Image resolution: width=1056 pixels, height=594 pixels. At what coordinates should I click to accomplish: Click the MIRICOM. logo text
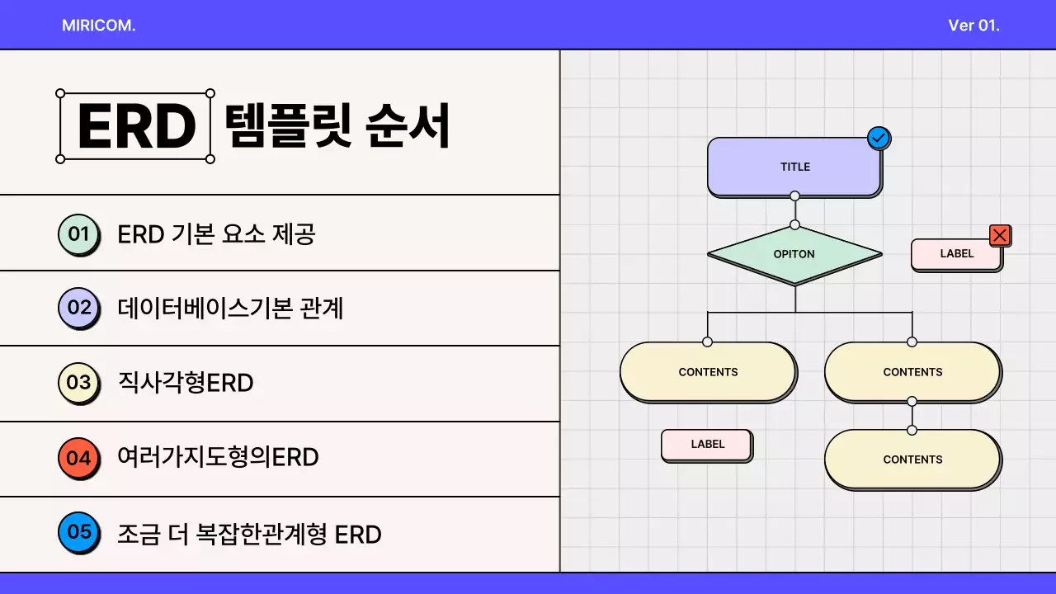[98, 26]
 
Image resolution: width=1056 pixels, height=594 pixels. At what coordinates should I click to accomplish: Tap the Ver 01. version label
[973, 26]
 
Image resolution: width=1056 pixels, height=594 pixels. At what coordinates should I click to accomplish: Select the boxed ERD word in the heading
[135, 126]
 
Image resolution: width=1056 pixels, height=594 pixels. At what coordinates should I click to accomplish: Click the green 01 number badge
[78, 234]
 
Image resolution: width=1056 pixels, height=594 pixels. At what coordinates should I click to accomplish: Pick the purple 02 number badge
[78, 309]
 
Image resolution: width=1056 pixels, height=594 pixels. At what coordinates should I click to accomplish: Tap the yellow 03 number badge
[78, 383]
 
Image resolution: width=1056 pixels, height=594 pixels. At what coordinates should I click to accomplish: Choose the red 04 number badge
[78, 457]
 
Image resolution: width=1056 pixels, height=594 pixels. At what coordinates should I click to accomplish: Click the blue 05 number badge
[78, 532]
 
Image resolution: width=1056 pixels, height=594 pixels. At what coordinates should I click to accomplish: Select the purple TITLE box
[794, 167]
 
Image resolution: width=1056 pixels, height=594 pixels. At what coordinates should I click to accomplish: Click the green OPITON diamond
[794, 255]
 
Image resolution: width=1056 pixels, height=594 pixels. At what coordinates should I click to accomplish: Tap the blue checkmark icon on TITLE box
[879, 138]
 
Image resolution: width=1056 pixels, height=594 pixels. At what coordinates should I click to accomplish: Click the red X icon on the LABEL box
[1000, 236]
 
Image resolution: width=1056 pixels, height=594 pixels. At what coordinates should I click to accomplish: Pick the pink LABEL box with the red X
[956, 254]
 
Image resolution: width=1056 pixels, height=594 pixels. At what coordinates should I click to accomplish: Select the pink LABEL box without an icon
[707, 445]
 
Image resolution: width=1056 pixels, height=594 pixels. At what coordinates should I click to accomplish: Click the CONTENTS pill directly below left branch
[708, 372]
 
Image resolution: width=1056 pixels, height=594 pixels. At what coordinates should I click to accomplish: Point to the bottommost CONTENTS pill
[912, 460]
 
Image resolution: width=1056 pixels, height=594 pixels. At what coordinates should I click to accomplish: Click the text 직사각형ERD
[186, 384]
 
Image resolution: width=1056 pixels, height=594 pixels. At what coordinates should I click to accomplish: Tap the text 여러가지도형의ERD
[218, 457]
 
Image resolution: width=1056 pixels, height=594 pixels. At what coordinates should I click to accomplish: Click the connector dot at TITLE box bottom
[794, 196]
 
